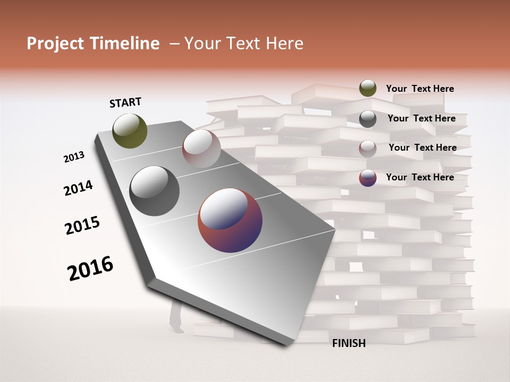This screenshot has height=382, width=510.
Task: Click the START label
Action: (125, 102)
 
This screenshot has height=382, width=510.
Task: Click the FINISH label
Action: (348, 343)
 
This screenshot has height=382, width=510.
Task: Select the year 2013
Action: (74, 157)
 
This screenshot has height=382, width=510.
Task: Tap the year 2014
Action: (78, 188)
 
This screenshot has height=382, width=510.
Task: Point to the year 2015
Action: (82, 226)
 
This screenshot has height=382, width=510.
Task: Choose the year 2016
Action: (90, 268)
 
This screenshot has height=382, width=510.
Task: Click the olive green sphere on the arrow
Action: (130, 131)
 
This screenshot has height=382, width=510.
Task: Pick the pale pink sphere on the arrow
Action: (201, 149)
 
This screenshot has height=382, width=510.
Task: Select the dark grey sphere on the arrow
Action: (155, 191)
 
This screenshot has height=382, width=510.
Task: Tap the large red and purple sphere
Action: (230, 220)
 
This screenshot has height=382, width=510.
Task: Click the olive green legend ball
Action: (368, 88)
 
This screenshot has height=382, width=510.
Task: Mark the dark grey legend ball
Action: (368, 118)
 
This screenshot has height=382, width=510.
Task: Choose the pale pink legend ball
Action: (368, 148)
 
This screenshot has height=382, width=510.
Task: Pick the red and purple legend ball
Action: (368, 178)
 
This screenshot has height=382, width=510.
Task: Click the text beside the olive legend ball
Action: (420, 89)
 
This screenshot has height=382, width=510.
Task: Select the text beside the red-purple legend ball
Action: (420, 177)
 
